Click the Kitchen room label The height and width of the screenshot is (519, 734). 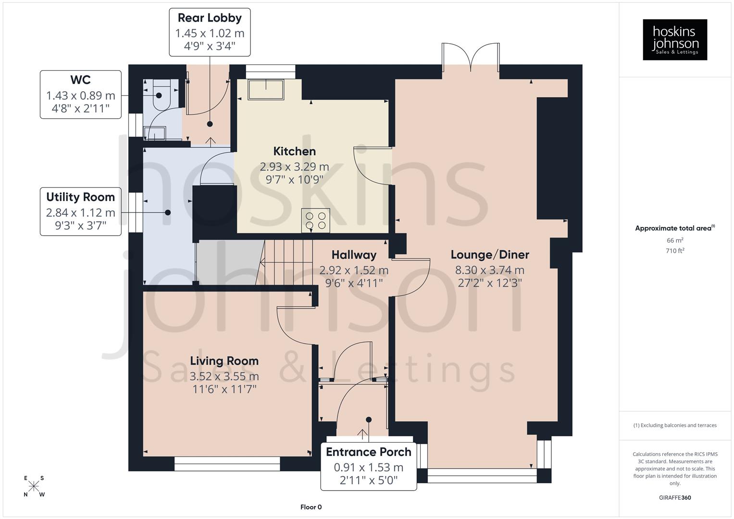click(294, 151)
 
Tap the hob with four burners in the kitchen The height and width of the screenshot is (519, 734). click(316, 221)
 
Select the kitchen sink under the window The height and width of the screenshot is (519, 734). click(265, 89)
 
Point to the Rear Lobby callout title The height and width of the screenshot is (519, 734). click(210, 18)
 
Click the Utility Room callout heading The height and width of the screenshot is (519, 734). click(80, 197)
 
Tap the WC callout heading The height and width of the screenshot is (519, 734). click(80, 80)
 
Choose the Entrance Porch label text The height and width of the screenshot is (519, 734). click(368, 452)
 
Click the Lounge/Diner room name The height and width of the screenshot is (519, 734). click(490, 255)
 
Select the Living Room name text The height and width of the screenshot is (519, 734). click(224, 361)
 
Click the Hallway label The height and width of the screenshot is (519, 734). click(354, 255)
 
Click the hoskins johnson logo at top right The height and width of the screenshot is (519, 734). click(675, 40)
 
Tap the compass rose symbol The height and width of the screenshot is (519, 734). click(34, 486)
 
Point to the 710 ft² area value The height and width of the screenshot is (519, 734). click(675, 251)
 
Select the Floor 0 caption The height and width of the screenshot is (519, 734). click(311, 507)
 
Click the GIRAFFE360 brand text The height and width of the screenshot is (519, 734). click(675, 497)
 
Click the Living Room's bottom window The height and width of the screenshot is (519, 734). click(227, 464)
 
